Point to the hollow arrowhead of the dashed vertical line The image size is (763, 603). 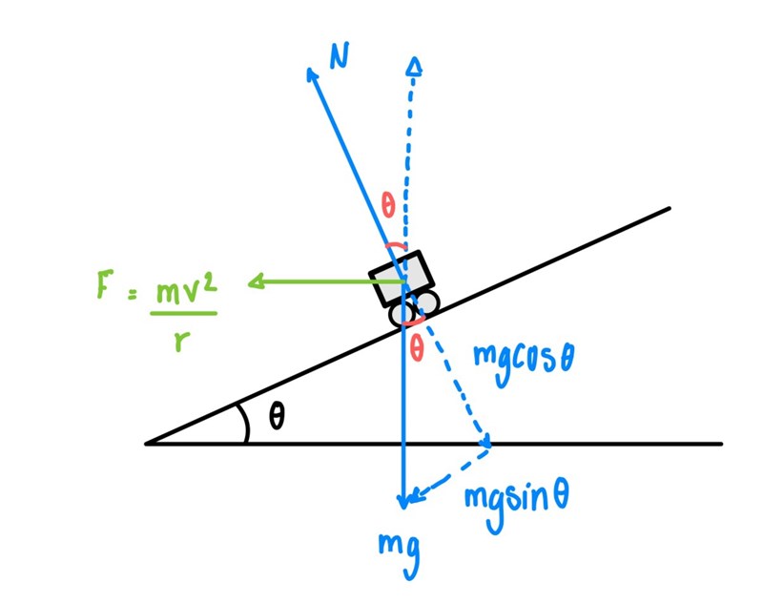414,65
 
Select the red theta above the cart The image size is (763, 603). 388,204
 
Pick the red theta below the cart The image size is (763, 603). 416,350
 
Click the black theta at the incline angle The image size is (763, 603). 276,418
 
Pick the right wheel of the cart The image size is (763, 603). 426,304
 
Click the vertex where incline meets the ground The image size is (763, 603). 147,444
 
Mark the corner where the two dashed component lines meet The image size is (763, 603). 487,444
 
